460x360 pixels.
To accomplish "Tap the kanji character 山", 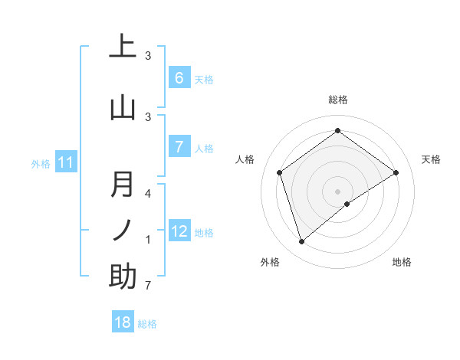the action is [123, 107].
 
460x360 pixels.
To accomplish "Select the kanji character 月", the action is [123, 185].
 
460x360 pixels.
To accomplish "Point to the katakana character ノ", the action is [123, 231].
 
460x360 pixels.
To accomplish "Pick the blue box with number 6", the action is [179, 77].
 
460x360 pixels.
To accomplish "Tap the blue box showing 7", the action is [179, 146].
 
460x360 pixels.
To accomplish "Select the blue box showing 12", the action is [179, 231].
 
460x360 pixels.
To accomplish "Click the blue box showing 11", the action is [66, 162].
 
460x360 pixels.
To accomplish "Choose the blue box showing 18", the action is [123, 322].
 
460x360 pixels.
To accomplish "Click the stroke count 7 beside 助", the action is [148, 286].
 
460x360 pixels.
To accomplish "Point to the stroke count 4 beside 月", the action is [148, 194].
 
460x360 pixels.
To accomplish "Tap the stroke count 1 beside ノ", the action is [148, 241].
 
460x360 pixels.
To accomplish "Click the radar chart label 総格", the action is [337, 100].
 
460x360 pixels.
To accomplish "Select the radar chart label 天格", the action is [431, 159].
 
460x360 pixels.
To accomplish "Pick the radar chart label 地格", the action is [402, 262].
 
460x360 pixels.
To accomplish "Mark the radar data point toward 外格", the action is [301, 242].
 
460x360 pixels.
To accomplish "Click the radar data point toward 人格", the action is [280, 172].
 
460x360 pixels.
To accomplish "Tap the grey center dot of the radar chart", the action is [337, 191].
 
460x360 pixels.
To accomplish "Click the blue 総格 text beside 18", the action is [147, 324].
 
